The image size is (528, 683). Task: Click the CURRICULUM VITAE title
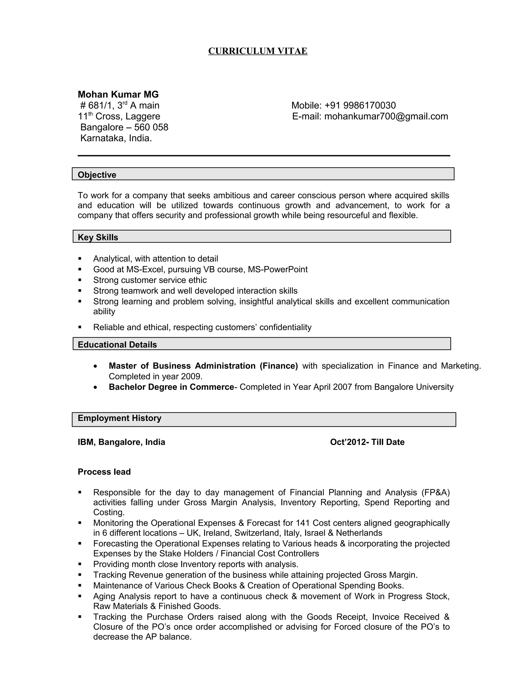coord(258,51)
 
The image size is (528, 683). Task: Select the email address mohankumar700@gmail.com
coord(386,116)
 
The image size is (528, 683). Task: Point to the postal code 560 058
coord(151,127)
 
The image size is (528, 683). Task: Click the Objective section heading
coord(97,174)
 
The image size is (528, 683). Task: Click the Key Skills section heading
coord(98,237)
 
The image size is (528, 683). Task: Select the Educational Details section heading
coord(117,344)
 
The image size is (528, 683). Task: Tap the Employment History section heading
coord(119,418)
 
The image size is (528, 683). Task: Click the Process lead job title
coord(104,472)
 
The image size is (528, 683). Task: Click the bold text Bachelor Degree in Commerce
coord(171,387)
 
